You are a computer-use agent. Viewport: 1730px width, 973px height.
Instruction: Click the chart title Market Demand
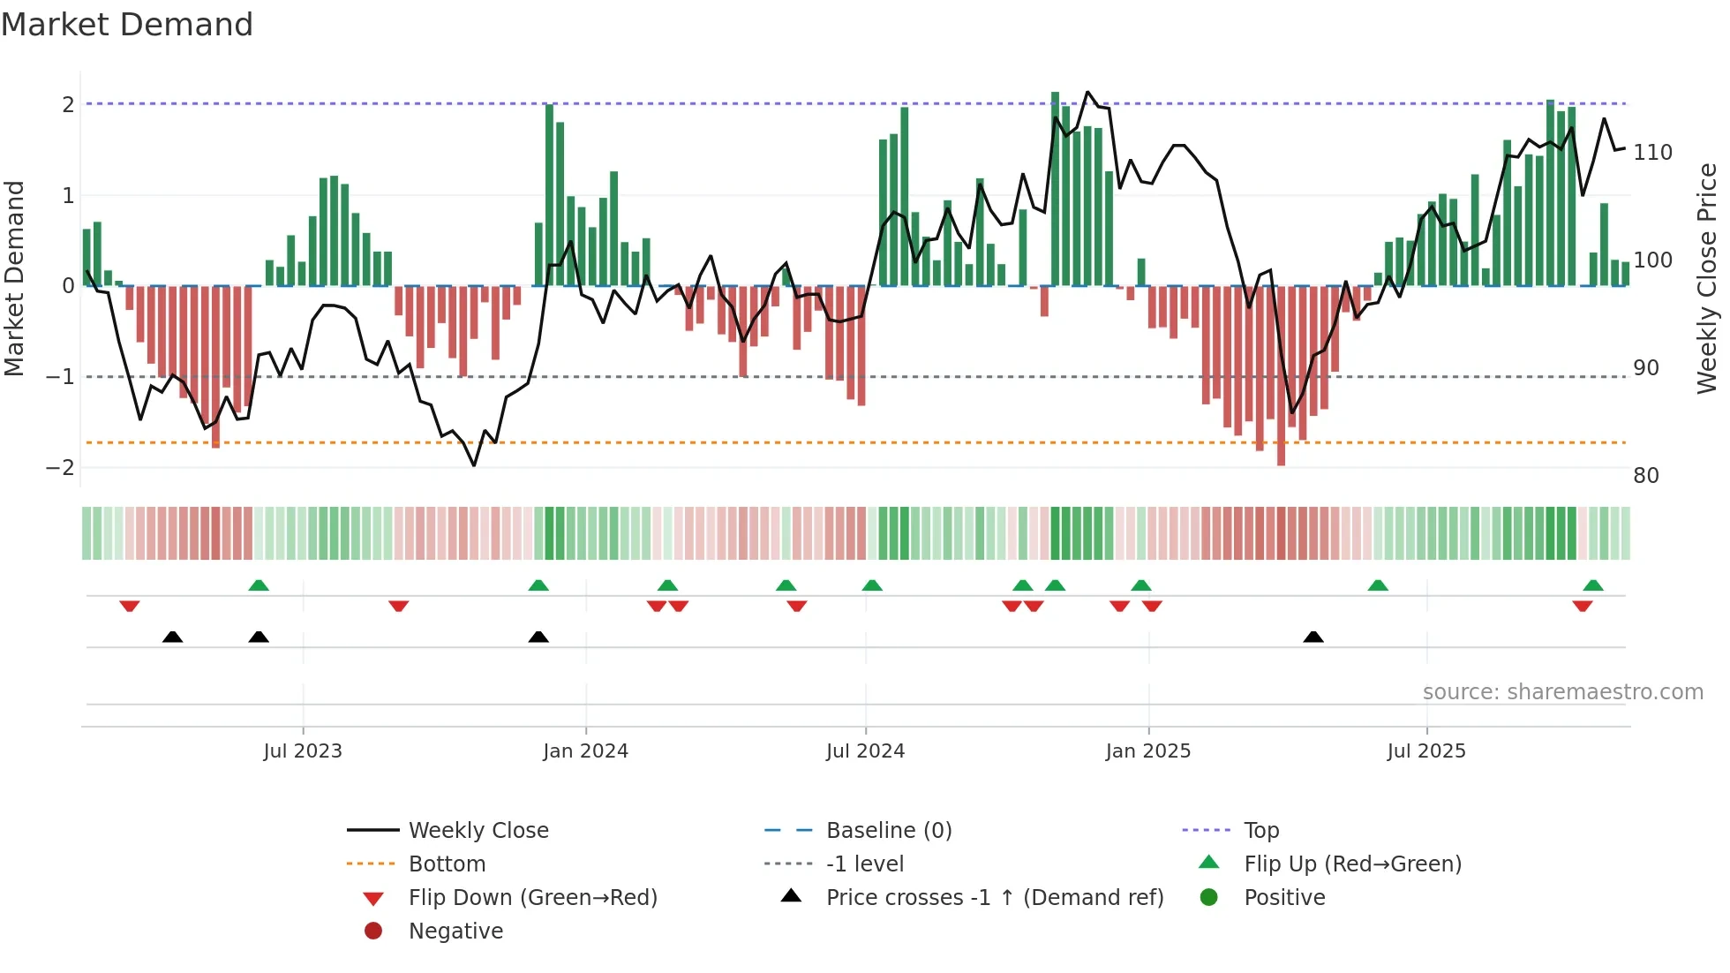point(127,24)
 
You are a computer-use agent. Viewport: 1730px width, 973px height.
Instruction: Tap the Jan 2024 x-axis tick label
point(585,751)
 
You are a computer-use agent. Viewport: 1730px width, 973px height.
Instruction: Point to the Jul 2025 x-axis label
point(1425,751)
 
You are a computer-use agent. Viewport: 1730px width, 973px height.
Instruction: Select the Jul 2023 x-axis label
point(303,751)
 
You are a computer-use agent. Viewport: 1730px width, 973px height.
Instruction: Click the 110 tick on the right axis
point(1652,153)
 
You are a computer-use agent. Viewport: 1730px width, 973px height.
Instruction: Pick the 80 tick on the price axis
point(1646,476)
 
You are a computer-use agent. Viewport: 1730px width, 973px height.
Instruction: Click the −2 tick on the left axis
point(60,467)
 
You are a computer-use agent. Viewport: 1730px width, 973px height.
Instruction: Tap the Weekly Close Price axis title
point(1707,278)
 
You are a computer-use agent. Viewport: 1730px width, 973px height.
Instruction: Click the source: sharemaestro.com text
point(1562,692)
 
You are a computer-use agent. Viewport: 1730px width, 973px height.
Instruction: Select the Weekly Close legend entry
point(478,831)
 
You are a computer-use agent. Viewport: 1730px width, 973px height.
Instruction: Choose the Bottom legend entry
point(447,864)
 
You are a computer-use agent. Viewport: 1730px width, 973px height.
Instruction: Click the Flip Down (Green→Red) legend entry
point(532,898)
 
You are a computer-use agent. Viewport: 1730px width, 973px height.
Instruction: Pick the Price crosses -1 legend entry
point(994,898)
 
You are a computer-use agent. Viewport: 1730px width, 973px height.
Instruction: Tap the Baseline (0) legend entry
point(888,831)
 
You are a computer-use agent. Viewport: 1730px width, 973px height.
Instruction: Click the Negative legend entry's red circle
point(373,932)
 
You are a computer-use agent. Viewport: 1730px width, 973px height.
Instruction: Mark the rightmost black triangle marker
point(1313,637)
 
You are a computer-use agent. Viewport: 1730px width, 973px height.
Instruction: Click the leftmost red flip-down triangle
point(130,606)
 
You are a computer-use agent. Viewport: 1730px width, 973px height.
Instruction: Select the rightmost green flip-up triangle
point(1593,585)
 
